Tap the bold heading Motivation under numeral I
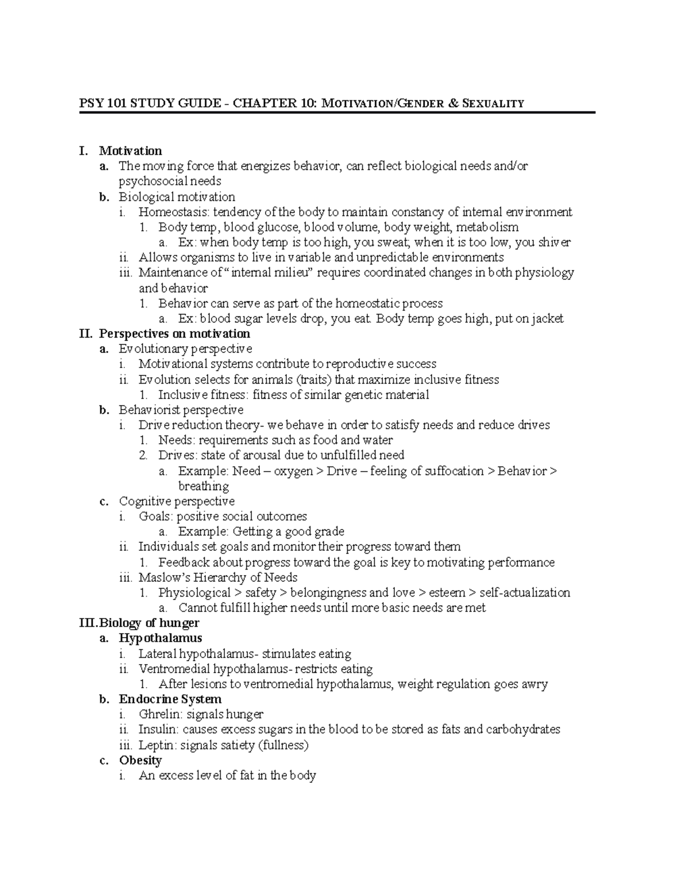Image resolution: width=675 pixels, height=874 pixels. [130, 151]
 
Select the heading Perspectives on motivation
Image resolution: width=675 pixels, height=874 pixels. [174, 334]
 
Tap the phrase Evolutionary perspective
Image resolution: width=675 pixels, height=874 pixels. [185, 349]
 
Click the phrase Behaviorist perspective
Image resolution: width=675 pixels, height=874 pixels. [181, 410]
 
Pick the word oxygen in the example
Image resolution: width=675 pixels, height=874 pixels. [293, 471]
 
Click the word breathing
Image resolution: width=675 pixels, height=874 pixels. [203, 486]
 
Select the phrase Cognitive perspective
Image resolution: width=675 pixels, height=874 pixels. [177, 501]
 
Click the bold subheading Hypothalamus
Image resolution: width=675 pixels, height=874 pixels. [160, 638]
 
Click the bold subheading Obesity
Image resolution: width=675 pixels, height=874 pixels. [140, 760]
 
